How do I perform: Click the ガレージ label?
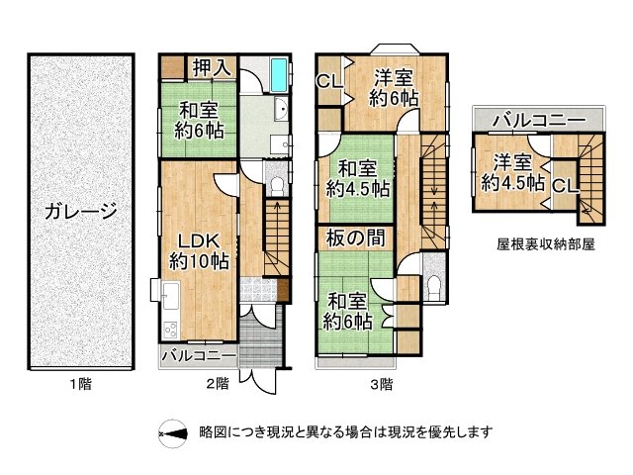coord(81,211)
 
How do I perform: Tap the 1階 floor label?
coord(81,384)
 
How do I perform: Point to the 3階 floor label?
coord(380,384)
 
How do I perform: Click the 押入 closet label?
coord(211,68)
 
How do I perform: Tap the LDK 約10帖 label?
coord(198,251)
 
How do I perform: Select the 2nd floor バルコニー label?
coord(198,355)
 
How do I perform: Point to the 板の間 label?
coord(356,238)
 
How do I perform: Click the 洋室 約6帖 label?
coord(395,87)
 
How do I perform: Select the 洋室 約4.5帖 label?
coord(512,172)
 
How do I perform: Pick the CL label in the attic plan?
coord(565,185)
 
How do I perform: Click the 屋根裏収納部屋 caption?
coord(545,243)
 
